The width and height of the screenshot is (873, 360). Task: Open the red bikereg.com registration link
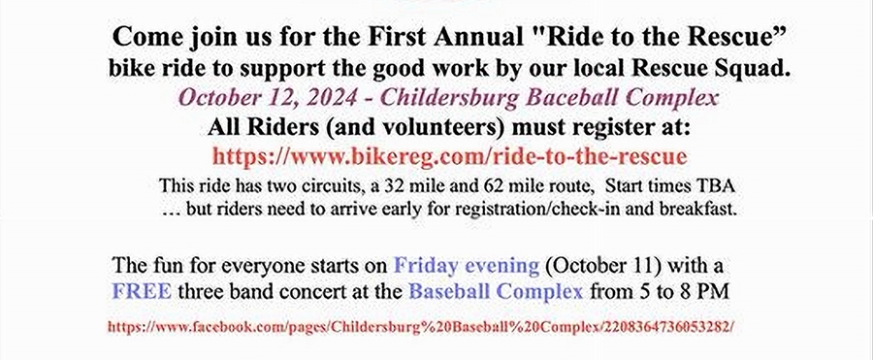coord(450,156)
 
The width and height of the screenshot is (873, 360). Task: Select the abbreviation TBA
coord(720,185)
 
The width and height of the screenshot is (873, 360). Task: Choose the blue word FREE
coord(142,291)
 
